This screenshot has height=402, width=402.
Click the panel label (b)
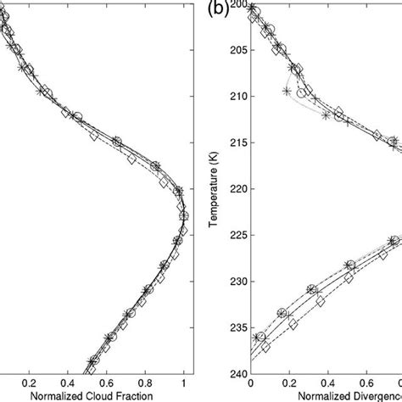(217, 13)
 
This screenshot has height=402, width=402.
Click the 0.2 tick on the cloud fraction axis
(31, 382)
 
